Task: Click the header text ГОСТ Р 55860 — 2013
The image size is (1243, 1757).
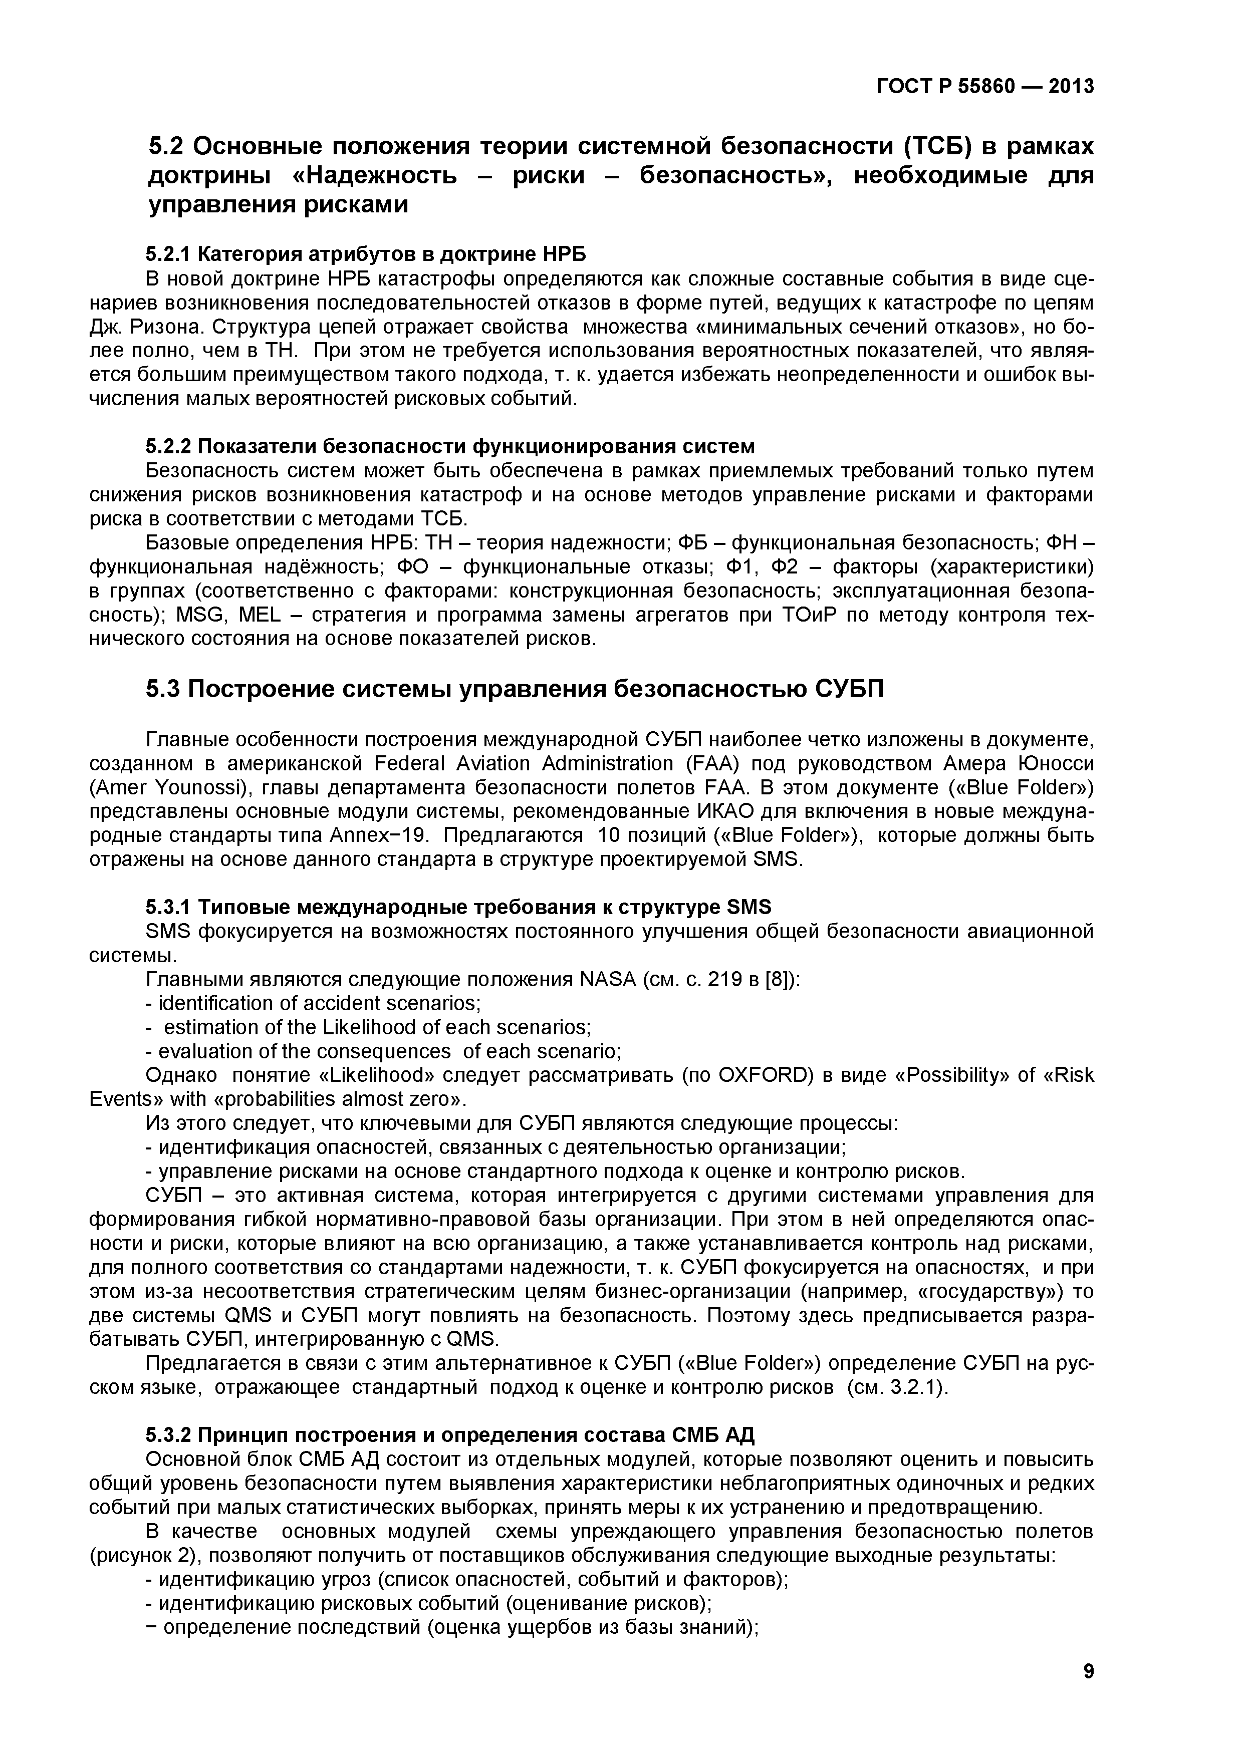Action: [x=985, y=87]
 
